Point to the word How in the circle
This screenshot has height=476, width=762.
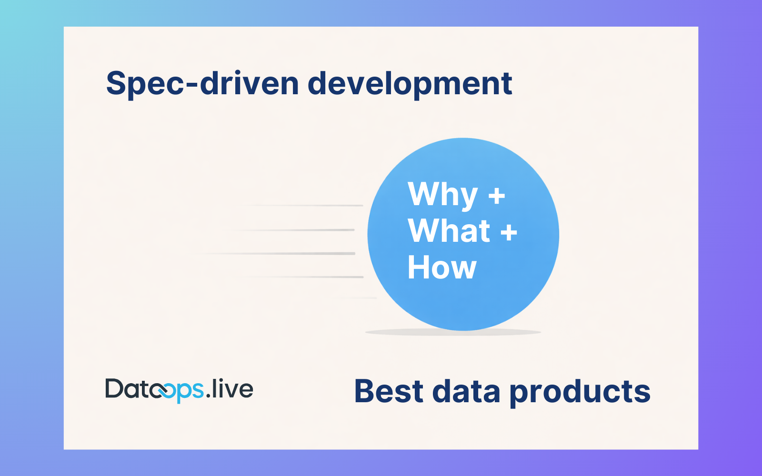(x=441, y=268)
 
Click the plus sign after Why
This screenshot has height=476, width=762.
(x=497, y=196)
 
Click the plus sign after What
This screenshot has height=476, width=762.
(x=509, y=232)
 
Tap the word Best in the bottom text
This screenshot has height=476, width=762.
(x=389, y=391)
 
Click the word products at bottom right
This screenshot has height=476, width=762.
(x=580, y=392)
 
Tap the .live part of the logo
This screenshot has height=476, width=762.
(x=230, y=389)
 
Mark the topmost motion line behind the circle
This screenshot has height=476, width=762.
(x=305, y=206)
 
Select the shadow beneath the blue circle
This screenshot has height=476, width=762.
(x=452, y=332)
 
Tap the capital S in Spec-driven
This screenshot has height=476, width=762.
(x=116, y=84)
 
